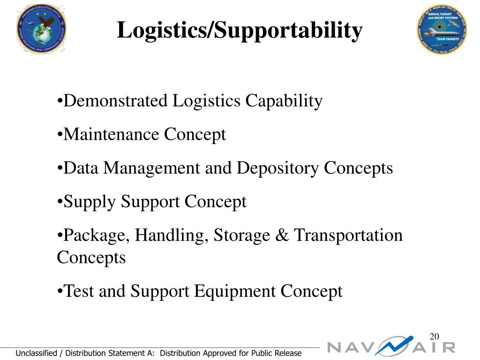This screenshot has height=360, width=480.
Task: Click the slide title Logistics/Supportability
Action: click(240, 31)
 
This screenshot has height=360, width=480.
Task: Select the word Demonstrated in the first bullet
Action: click(115, 101)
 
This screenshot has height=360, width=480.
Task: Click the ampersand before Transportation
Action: click(282, 235)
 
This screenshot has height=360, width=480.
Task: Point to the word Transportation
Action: click(348, 235)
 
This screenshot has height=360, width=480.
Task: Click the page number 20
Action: click(434, 337)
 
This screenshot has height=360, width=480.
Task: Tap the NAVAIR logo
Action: click(391, 347)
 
